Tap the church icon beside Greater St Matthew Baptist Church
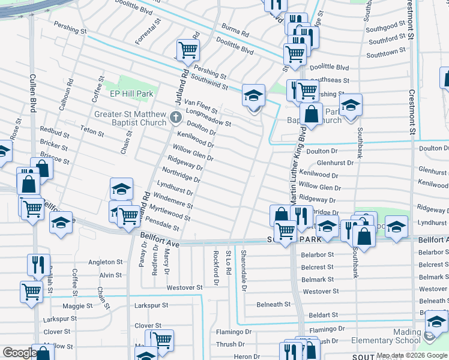(176, 117)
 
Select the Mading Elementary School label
(390, 336)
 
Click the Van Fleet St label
(199, 106)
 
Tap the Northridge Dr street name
(181, 175)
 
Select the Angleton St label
(105, 262)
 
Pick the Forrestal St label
(148, 31)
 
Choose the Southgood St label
(383, 26)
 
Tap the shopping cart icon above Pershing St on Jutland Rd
(188, 50)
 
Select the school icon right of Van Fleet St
(253, 95)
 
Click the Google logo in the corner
(19, 353)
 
